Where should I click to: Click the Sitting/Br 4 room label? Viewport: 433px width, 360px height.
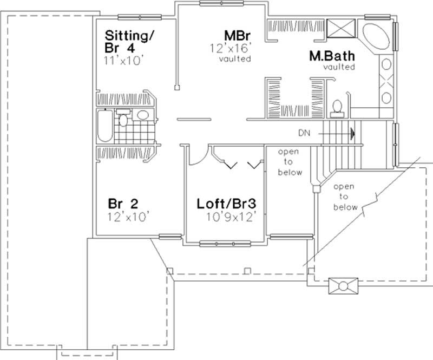click(x=129, y=42)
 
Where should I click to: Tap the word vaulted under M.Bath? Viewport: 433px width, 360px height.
click(x=339, y=67)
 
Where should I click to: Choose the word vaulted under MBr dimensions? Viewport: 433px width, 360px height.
click(x=235, y=59)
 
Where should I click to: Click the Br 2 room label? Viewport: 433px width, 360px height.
click(x=123, y=204)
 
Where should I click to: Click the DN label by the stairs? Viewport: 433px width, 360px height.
click(x=304, y=132)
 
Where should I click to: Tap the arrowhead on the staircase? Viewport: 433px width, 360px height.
click(x=352, y=132)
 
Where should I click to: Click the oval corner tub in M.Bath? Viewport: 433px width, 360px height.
click(x=376, y=37)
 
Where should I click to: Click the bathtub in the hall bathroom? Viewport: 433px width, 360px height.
click(x=104, y=126)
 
